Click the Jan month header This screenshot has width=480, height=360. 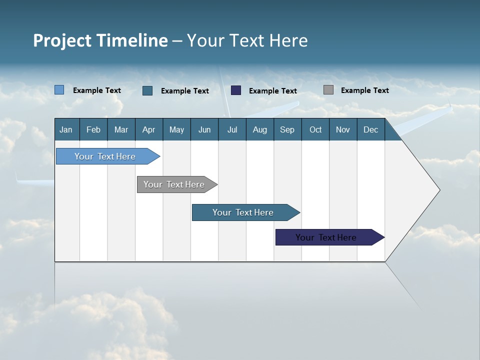click(x=66, y=129)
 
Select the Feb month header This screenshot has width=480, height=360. click(x=93, y=129)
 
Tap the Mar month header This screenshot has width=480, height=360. click(x=121, y=129)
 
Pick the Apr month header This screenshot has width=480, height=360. click(x=148, y=129)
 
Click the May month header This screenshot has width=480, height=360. click(x=176, y=129)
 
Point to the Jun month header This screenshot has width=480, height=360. click(x=204, y=129)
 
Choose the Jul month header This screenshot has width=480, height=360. click(x=232, y=129)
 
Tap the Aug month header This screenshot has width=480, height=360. click(x=259, y=129)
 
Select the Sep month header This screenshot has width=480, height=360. click(x=287, y=129)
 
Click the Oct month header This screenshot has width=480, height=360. click(x=315, y=129)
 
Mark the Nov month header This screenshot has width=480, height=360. click(x=343, y=129)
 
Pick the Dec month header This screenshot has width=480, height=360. click(x=370, y=129)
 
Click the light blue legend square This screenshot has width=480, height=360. click(x=59, y=90)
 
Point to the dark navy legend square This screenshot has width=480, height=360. click(x=236, y=90)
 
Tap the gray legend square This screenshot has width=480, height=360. click(x=328, y=90)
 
